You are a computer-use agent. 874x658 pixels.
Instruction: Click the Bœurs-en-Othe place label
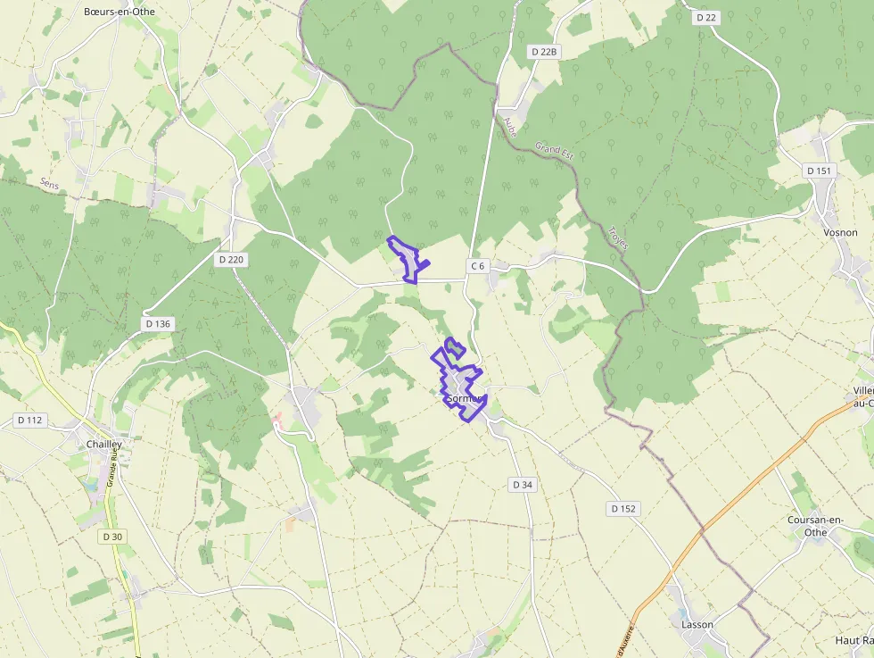(120, 12)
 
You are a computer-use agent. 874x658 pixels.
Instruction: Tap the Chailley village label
(104, 444)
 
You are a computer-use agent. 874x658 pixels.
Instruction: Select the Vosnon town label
(840, 232)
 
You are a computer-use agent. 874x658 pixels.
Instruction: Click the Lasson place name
(697, 624)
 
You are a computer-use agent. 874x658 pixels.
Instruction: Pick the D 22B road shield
(543, 52)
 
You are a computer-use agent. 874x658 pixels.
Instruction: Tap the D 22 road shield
(705, 17)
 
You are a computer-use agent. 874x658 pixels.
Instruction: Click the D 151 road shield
(818, 171)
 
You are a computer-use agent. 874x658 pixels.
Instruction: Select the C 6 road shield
(478, 266)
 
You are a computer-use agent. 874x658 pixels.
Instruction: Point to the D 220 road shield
(231, 260)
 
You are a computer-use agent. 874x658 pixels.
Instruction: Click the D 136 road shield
(157, 323)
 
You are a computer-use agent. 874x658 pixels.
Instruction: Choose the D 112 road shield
(30, 420)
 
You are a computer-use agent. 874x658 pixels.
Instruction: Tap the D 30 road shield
(112, 537)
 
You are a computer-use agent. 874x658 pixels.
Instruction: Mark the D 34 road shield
(523, 484)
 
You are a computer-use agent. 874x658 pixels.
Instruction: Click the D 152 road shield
(624, 509)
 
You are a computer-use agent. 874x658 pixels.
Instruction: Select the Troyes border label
(617, 236)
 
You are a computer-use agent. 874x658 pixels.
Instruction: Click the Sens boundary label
(49, 183)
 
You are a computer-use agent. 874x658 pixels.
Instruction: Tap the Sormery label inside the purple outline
(464, 398)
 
